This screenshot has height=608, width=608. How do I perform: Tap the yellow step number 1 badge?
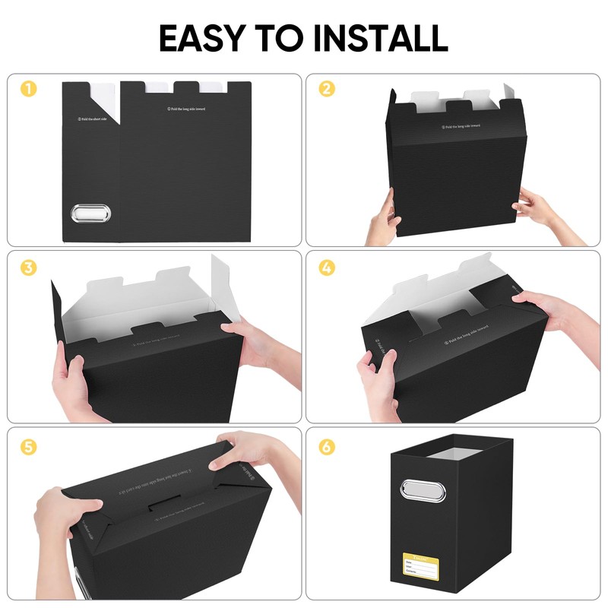coord(27,89)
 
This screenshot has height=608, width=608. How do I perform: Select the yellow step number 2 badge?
coord(326,89)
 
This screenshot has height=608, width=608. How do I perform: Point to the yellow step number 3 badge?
coord(27,268)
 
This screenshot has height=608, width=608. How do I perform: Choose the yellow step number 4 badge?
coord(326,268)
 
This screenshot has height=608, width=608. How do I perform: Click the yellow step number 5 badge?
coord(27,447)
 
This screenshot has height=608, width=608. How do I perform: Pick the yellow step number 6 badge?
coord(326,447)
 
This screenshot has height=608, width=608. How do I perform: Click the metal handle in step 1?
coord(91,213)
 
